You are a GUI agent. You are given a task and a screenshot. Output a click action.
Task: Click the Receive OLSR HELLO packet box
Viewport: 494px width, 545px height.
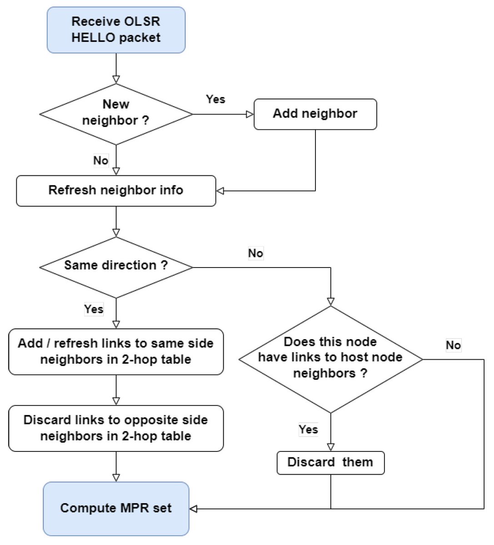click(x=116, y=30)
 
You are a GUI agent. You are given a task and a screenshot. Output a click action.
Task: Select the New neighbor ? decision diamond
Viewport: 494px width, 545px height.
click(x=116, y=114)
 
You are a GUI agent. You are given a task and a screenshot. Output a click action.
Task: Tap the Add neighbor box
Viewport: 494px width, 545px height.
click(x=315, y=114)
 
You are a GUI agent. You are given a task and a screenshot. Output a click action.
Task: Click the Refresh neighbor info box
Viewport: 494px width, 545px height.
click(x=116, y=191)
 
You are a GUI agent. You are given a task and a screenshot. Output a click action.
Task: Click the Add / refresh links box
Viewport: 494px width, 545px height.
click(x=116, y=352)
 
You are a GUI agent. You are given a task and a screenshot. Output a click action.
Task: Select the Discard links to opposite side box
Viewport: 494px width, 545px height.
click(x=116, y=428)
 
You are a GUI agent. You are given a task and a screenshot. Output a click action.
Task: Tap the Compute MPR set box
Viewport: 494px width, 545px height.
click(x=116, y=508)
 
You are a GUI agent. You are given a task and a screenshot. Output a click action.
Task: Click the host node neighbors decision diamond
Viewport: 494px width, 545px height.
click(x=330, y=359)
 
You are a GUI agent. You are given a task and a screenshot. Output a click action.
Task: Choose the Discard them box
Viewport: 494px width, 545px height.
click(x=330, y=462)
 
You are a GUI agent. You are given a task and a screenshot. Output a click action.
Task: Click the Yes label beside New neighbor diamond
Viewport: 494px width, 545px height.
click(x=215, y=99)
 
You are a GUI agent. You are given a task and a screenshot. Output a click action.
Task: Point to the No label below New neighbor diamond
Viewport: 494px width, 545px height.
click(x=100, y=160)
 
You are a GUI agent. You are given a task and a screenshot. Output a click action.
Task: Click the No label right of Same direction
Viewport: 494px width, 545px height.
click(x=255, y=253)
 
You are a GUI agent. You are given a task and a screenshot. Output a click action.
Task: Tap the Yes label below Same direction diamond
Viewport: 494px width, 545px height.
click(x=94, y=309)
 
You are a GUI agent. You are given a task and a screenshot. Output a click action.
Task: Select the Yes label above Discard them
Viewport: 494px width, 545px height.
click(x=308, y=429)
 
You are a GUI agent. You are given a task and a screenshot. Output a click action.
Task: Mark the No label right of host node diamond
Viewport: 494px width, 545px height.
click(x=453, y=345)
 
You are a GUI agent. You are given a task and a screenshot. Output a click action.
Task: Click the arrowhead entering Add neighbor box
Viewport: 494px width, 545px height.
click(x=249, y=114)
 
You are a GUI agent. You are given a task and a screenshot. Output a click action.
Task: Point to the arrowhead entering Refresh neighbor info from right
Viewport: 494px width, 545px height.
click(x=220, y=191)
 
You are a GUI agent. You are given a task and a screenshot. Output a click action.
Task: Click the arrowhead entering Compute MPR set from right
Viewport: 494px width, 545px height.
click(x=194, y=509)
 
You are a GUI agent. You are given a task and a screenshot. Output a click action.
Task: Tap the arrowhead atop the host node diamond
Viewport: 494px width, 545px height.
click(x=330, y=302)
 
